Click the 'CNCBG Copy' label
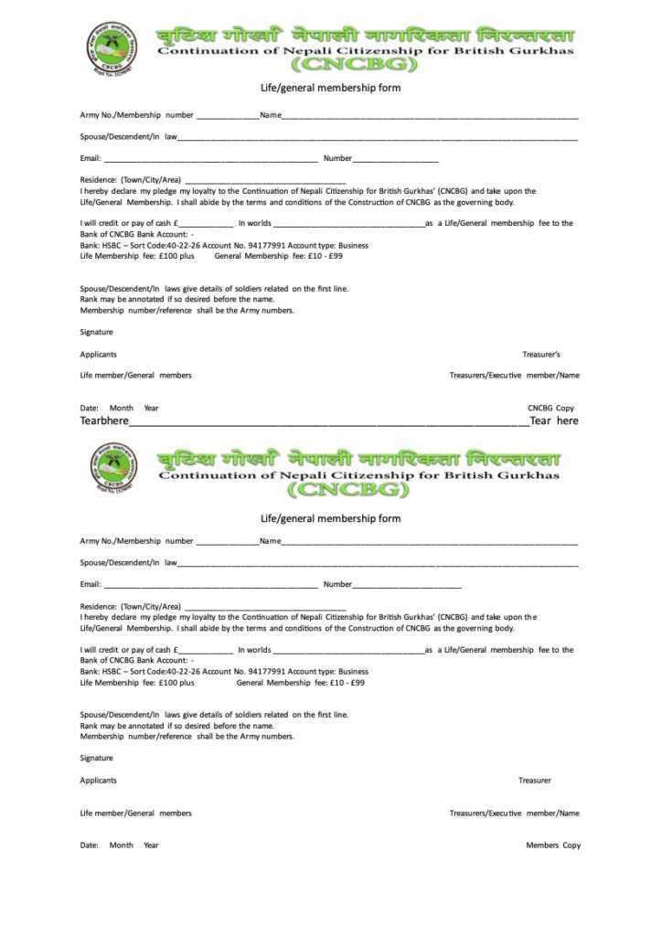[x=551, y=407]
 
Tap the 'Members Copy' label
[x=553, y=846]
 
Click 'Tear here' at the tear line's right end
[x=554, y=421]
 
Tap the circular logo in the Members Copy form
[x=114, y=468]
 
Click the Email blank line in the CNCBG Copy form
[x=210, y=160]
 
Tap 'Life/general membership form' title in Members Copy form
[x=330, y=518]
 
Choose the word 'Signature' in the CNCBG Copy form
[x=96, y=333]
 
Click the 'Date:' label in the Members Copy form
[x=89, y=846]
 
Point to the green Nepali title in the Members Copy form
[x=359, y=455]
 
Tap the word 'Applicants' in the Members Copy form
[x=98, y=781]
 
